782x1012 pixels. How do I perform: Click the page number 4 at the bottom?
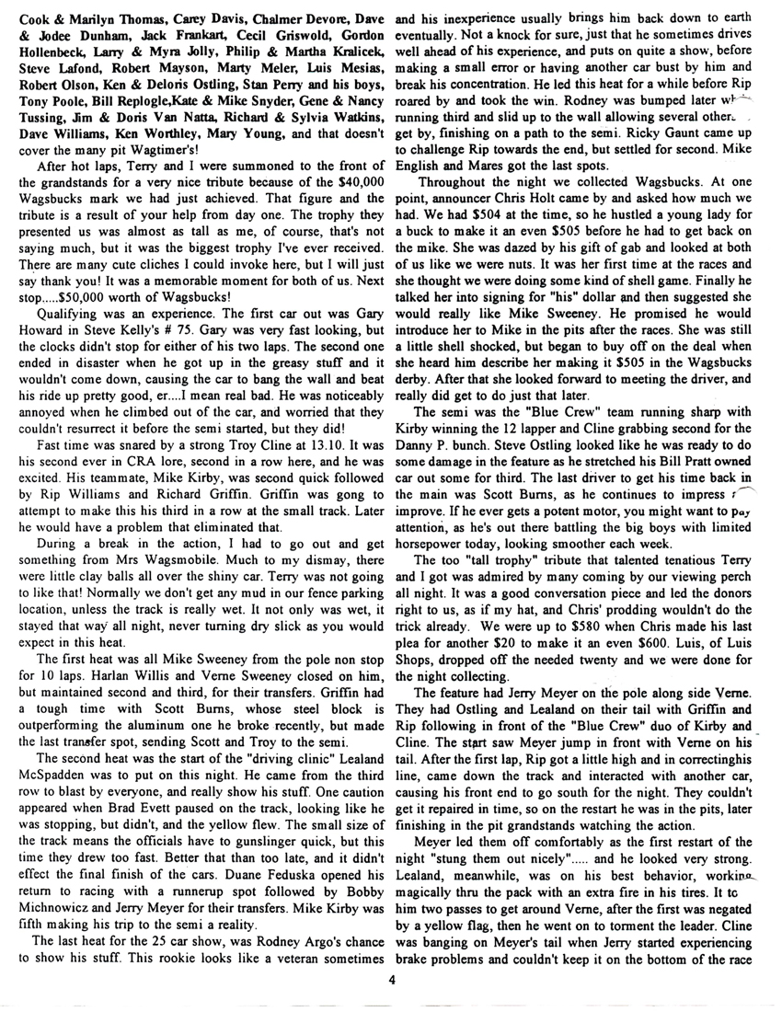tap(391, 979)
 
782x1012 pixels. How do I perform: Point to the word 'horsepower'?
tap(429, 535)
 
